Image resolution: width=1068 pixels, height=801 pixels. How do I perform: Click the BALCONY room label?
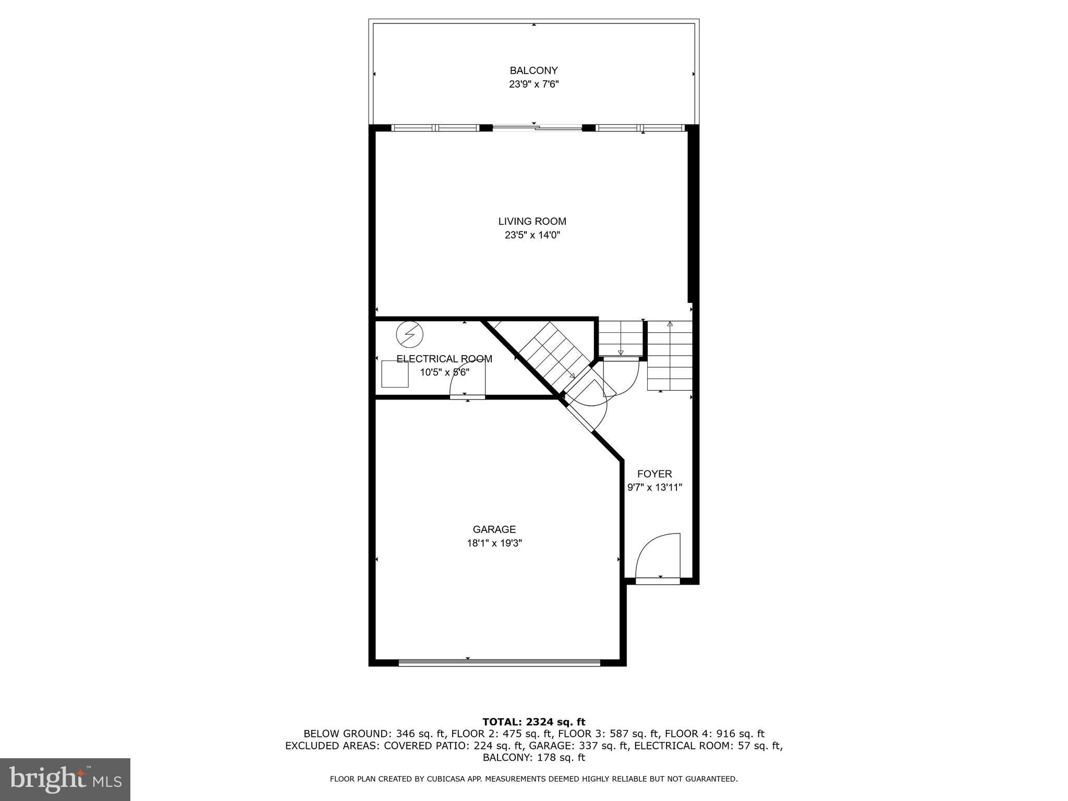[533, 70]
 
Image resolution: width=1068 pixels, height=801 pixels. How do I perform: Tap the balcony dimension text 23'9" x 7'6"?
[533, 84]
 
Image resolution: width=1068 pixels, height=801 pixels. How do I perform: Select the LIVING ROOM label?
[532, 221]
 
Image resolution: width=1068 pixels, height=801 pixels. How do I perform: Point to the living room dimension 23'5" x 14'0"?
[532, 235]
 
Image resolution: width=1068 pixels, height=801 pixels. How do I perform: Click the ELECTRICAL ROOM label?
[444, 359]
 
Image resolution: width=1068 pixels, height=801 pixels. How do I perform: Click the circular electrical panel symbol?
[409, 334]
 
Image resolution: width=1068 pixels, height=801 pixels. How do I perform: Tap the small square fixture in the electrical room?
[395, 374]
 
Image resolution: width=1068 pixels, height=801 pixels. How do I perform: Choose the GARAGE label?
[494, 529]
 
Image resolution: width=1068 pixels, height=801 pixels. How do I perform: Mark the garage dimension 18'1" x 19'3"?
[494, 543]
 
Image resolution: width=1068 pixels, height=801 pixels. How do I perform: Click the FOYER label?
[654, 474]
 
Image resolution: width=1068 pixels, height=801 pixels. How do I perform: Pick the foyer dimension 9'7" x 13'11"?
[654, 488]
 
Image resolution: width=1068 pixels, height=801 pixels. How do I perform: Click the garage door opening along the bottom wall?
[499, 663]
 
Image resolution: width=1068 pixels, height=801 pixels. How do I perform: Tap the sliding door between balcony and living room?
[537, 127]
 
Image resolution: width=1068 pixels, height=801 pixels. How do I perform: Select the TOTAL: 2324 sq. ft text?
[533, 722]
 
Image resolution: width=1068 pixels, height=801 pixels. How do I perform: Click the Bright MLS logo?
[65, 779]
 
